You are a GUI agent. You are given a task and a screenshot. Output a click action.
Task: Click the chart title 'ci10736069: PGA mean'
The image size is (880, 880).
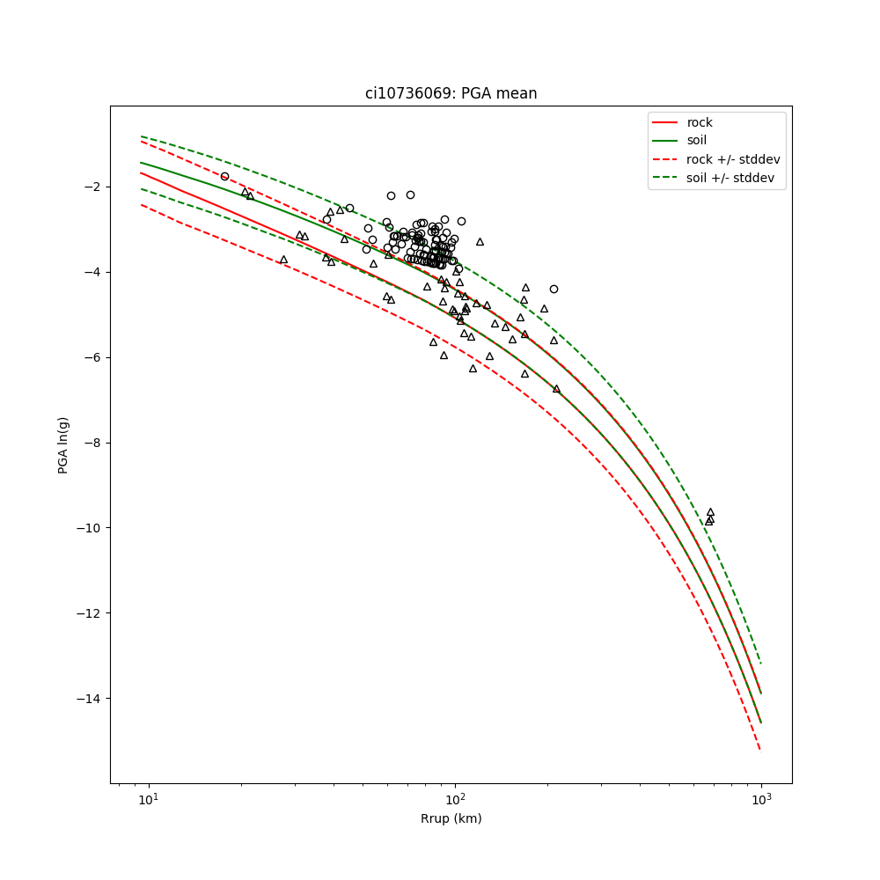coord(451,93)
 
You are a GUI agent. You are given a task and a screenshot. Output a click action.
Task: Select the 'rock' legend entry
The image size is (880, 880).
coord(700,122)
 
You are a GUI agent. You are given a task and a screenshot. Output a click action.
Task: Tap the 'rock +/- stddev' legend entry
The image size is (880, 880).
coord(733,159)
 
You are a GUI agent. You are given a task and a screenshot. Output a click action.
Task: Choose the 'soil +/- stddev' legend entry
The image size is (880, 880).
coord(732,178)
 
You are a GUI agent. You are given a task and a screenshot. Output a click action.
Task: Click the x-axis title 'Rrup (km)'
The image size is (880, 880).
coord(451,818)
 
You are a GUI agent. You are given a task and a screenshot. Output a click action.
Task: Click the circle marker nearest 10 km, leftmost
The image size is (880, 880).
coord(224,176)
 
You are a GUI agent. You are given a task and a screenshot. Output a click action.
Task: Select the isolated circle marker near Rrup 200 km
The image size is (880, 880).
coord(554,289)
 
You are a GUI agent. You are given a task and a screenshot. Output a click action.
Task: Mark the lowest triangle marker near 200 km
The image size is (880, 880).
coord(556,388)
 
